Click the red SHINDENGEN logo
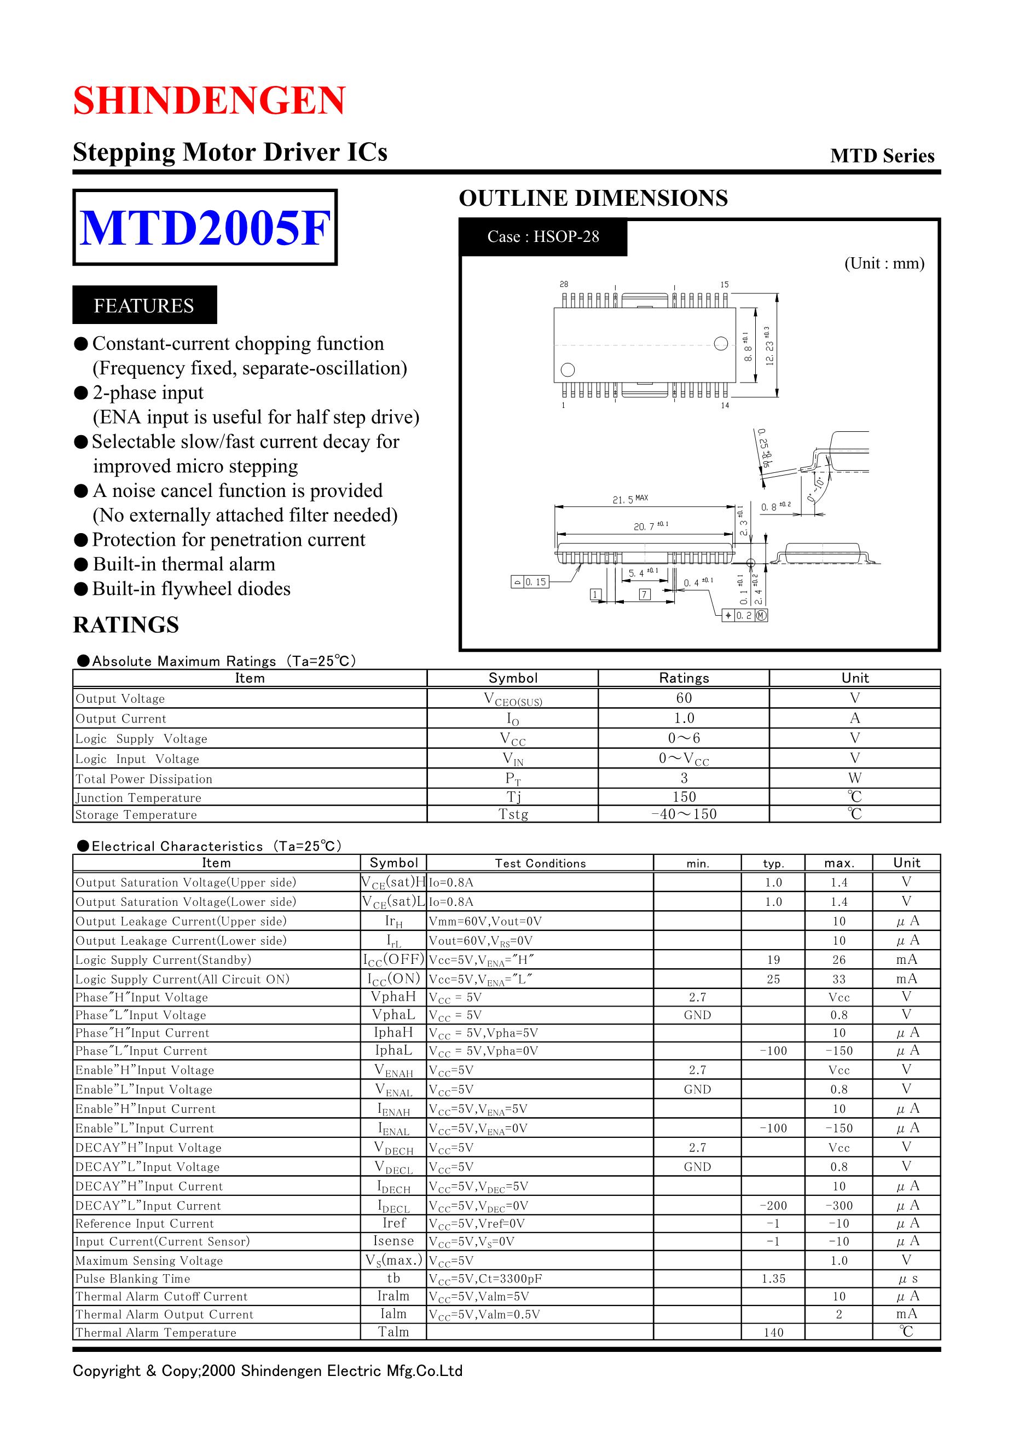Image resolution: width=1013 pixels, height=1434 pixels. (x=209, y=101)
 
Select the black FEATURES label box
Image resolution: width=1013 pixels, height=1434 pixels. (x=144, y=305)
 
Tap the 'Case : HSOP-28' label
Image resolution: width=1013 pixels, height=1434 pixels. (x=543, y=236)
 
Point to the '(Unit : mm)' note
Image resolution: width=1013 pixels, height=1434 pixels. (x=884, y=263)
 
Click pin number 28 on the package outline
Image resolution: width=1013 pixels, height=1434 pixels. (x=564, y=285)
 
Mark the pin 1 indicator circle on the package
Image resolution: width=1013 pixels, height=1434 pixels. (x=568, y=370)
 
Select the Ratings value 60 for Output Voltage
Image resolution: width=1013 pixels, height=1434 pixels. (x=684, y=698)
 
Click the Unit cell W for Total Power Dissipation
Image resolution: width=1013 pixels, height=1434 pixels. (x=854, y=778)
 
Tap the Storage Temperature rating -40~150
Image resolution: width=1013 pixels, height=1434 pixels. (x=684, y=814)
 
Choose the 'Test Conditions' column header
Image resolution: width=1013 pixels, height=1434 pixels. (x=540, y=864)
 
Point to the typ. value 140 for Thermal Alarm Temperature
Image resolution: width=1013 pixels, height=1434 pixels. (x=773, y=1333)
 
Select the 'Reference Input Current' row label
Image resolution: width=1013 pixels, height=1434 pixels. (x=144, y=1223)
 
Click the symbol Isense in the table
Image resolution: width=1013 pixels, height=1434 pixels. (x=393, y=1241)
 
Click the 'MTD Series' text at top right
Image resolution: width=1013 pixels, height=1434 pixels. (x=882, y=156)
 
